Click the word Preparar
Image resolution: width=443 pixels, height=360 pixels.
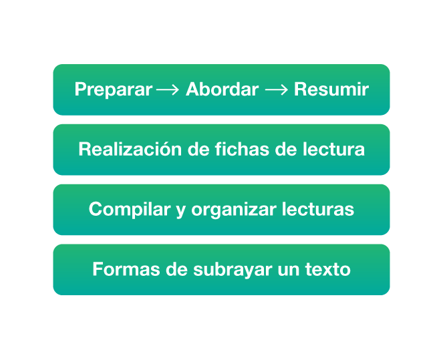[114, 90]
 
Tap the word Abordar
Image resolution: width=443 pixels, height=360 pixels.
[222, 89]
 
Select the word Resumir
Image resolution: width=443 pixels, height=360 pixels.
[331, 89]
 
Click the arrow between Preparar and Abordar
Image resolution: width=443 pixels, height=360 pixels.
[168, 90]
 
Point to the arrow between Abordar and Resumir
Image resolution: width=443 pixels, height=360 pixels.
[277, 90]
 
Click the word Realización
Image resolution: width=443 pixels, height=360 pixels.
[130, 149]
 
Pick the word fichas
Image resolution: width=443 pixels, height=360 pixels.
[242, 149]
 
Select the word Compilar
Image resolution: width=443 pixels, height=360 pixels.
[130, 210]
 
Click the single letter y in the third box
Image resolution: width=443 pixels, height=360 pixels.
[181, 212]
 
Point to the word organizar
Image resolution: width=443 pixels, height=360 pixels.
[234, 210]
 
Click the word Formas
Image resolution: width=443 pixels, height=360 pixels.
[126, 268]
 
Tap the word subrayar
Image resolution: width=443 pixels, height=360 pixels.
[233, 270]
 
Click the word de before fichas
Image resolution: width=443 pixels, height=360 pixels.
[198, 149]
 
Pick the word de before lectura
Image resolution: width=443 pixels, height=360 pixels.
[286, 149]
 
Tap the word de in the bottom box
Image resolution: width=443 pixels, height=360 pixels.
[176, 268]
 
